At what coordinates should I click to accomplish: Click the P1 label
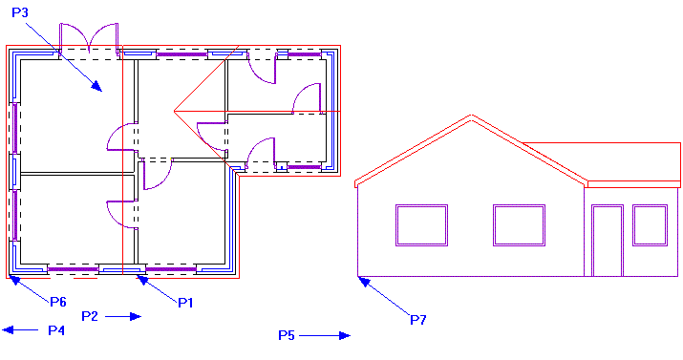185,302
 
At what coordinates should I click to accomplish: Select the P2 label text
91,315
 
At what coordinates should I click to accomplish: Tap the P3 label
20,12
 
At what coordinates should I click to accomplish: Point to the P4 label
56,329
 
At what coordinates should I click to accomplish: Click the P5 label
287,335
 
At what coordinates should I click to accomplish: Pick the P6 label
58,302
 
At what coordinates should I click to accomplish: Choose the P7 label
417,319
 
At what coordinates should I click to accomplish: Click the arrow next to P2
124,315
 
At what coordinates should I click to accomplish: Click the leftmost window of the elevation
421,225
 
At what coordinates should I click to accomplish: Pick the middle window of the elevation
519,225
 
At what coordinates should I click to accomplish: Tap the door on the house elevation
607,240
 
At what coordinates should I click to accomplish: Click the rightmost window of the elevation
650,225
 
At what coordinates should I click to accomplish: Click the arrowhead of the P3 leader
97,87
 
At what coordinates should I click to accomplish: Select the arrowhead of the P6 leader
12,279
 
